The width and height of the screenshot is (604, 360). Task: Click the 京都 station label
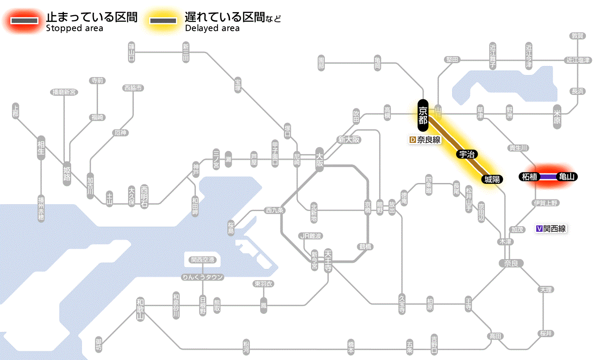[x=423, y=115]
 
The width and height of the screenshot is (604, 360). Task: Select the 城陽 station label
[x=492, y=180]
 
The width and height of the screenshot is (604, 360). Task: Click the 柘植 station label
[x=529, y=177]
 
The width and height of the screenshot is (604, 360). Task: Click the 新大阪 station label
[x=349, y=139]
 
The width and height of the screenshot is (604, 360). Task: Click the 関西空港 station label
[x=203, y=260]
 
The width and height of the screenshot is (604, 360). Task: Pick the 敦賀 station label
[x=578, y=36]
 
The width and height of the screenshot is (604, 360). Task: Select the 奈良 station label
[x=511, y=263]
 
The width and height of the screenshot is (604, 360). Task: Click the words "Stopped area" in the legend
[x=74, y=28]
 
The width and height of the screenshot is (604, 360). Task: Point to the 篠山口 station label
[x=132, y=52]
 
